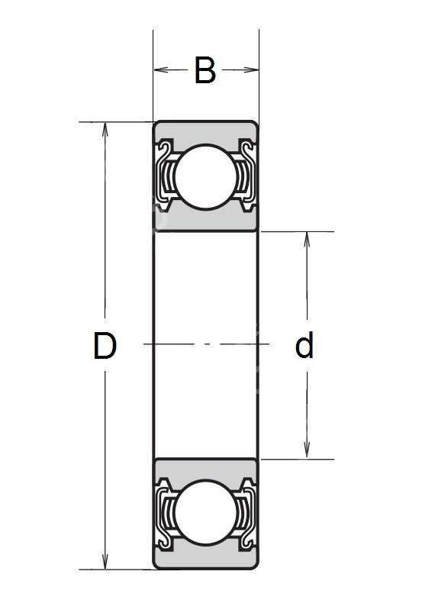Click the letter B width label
click(205, 70)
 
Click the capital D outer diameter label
click(105, 345)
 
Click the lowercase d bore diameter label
click(304, 344)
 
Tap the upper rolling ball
click(206, 177)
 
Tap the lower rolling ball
click(206, 512)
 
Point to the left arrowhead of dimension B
click(161, 70)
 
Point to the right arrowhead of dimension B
click(251, 70)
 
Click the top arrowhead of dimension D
click(105, 130)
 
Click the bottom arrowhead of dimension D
click(105, 562)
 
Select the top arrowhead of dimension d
click(307, 239)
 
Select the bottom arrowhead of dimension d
click(307, 451)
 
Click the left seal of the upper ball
click(165, 176)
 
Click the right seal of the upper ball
click(246, 176)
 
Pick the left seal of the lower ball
click(165, 514)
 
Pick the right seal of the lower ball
click(246, 514)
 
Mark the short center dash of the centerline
click(208, 344)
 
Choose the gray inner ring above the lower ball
click(206, 470)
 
